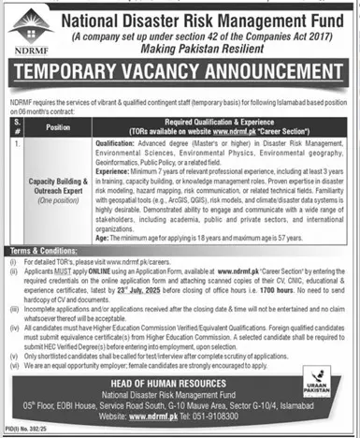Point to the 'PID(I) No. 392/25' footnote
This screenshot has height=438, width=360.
pos(25,433)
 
